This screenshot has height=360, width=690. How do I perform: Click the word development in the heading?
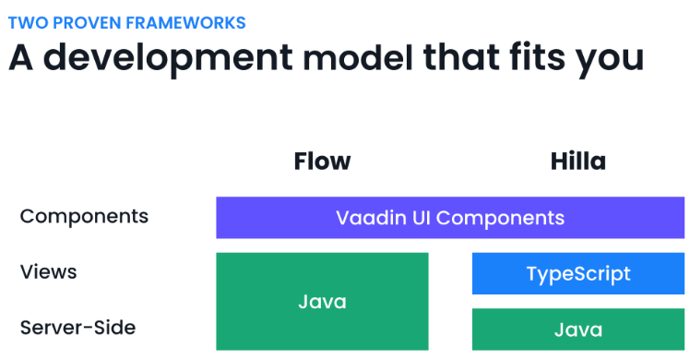pos(174,58)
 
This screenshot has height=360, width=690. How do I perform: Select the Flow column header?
pos(322,162)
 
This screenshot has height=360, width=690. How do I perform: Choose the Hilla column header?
pos(577,162)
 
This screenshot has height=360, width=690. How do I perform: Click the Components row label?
pos(84,217)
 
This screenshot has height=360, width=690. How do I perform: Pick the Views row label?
pos(48,272)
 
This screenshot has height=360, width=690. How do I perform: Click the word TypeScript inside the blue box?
pos(578,274)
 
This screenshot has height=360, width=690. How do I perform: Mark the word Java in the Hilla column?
pos(578,330)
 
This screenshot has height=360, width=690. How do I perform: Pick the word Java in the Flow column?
pos(322,302)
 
